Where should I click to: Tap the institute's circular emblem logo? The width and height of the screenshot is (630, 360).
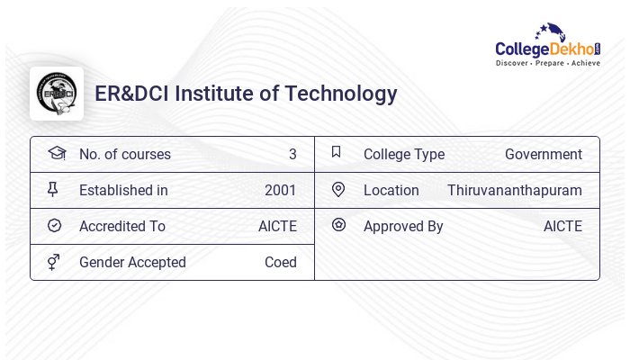pyautogui.click(x=56, y=94)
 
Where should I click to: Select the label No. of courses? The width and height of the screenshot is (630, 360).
pyautogui.click(x=125, y=154)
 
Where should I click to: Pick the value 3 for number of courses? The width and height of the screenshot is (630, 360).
pyautogui.click(x=292, y=154)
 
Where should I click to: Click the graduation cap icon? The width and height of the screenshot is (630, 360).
pyautogui.click(x=56, y=153)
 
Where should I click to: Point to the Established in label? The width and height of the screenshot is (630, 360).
pyautogui.click(x=123, y=190)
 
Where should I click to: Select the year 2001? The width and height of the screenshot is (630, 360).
pyautogui.click(x=280, y=190)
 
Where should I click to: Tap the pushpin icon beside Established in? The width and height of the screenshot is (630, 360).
pyautogui.click(x=53, y=189)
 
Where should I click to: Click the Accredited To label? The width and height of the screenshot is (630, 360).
pyautogui.click(x=122, y=226)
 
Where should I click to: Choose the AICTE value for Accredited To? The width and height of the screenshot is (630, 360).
pyautogui.click(x=277, y=226)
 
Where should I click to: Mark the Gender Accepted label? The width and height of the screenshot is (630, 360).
pyautogui.click(x=132, y=262)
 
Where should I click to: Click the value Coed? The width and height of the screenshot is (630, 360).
pyautogui.click(x=280, y=262)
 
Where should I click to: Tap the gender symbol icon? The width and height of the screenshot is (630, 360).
pyautogui.click(x=53, y=261)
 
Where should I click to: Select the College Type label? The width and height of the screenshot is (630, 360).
pyautogui.click(x=404, y=154)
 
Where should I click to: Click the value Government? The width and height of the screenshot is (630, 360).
pyautogui.click(x=543, y=154)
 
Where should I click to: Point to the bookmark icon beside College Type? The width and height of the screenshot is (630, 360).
pyautogui.click(x=337, y=152)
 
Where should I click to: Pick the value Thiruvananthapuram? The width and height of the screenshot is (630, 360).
pyautogui.click(x=514, y=190)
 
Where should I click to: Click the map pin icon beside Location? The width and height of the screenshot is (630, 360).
pyautogui.click(x=338, y=189)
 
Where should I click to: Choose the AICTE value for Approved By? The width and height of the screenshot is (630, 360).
pyautogui.click(x=562, y=226)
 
